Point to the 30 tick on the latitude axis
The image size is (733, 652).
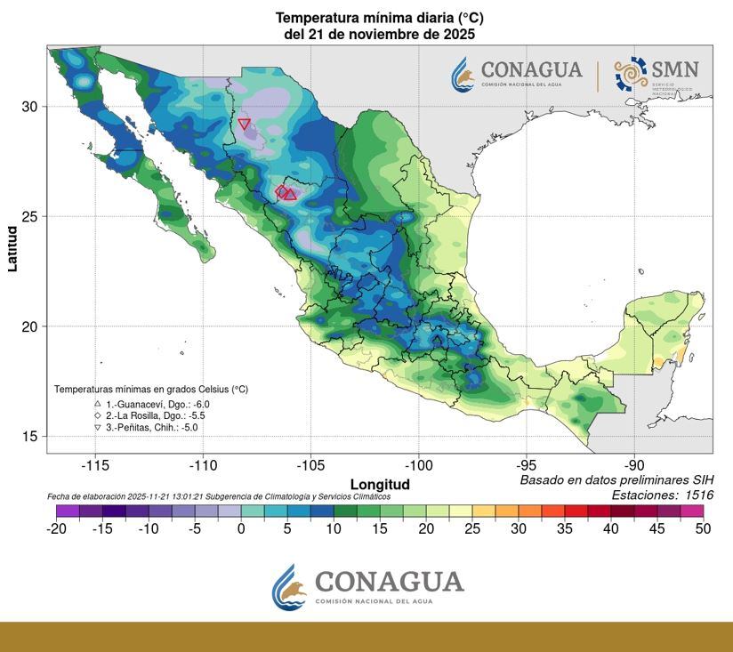[29, 106]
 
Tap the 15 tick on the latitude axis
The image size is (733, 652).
[29, 436]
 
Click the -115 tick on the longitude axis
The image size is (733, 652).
[94, 465]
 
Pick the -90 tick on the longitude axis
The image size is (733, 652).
[633, 465]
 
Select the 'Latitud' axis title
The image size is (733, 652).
[12, 248]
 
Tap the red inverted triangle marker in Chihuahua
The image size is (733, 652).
[245, 124]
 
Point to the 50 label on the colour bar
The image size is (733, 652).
[704, 528]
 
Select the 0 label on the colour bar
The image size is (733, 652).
[240, 528]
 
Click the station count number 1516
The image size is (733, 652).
[694, 495]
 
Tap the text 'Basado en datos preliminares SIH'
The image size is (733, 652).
[616, 480]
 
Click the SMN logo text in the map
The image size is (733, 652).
[674, 69]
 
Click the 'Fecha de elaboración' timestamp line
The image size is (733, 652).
[218, 496]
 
